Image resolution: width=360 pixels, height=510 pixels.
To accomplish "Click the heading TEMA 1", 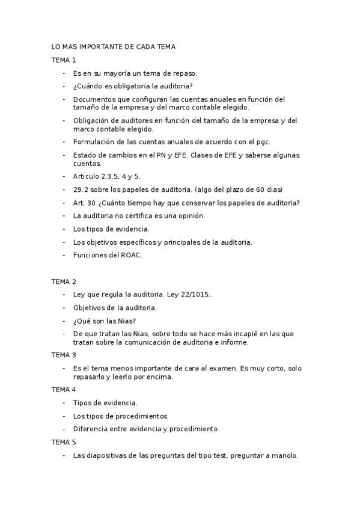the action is pyautogui.click(x=64, y=60).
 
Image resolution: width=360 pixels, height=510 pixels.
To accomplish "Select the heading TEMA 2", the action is pyautogui.click(x=64, y=281).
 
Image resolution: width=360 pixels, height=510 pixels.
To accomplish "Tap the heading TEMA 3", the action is pyautogui.click(x=64, y=355).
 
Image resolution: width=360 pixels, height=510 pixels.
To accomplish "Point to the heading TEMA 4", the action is pyautogui.click(x=64, y=390).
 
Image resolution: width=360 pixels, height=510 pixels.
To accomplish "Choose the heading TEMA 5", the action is pyautogui.click(x=64, y=442).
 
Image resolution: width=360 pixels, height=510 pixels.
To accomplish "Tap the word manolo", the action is pyautogui.click(x=283, y=455).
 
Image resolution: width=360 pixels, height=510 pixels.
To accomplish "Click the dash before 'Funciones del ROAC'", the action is pyautogui.click(x=64, y=254).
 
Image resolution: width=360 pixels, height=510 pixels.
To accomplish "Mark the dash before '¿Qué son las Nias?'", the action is pyautogui.click(x=64, y=321).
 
